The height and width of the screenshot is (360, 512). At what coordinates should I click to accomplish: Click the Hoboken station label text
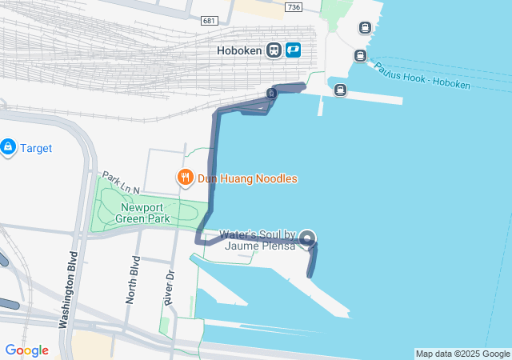[x=239, y=50]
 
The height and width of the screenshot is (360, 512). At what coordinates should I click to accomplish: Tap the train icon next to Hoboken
[x=274, y=50]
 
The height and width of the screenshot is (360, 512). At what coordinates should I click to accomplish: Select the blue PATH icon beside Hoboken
[x=292, y=50]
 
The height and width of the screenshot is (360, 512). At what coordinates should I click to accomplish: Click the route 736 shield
[x=294, y=7]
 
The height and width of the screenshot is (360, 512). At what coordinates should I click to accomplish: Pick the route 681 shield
[x=210, y=20]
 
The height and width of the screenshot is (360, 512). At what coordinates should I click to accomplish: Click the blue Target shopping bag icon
[x=8, y=147]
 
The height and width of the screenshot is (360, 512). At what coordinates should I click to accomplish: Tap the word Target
[x=36, y=148]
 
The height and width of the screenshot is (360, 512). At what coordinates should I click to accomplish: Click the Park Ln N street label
[x=120, y=182]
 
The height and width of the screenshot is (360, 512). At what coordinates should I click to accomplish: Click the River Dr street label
[x=169, y=286]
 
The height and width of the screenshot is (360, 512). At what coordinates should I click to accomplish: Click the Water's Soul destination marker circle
[x=308, y=238]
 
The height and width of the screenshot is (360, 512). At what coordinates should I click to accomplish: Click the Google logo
[x=26, y=350]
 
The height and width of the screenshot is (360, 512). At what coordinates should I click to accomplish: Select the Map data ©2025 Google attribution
[x=462, y=354]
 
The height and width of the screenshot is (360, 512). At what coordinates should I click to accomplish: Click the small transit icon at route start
[x=272, y=94]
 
